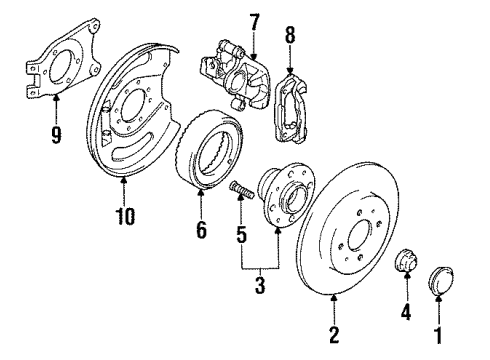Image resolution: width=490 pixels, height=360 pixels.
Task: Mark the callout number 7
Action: pos(254,22)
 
